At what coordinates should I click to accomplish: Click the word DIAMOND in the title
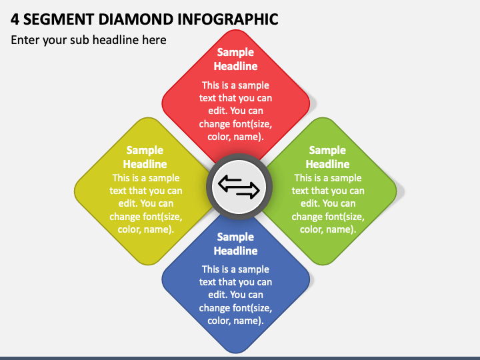pyautogui.click(x=123, y=19)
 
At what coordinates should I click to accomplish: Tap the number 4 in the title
pyautogui.click(x=15, y=19)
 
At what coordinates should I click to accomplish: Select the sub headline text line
pyautogui.click(x=89, y=40)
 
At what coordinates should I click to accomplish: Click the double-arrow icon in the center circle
pyautogui.click(x=239, y=187)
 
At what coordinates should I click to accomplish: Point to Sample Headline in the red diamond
pyautogui.click(x=235, y=59)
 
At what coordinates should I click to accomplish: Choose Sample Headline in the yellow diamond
pyautogui.click(x=145, y=157)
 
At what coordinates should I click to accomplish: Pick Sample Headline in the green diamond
pyautogui.click(x=327, y=157)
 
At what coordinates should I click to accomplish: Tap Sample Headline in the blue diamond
pyautogui.click(x=235, y=244)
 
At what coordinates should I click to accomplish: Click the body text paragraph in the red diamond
pyautogui.click(x=235, y=111)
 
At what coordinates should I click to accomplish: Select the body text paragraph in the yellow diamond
pyautogui.click(x=145, y=203)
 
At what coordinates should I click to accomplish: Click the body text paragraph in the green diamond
pyautogui.click(x=327, y=203)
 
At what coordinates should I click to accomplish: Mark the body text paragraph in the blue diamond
pyautogui.click(x=235, y=295)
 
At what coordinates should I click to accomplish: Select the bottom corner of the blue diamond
pyautogui.click(x=236, y=351)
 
